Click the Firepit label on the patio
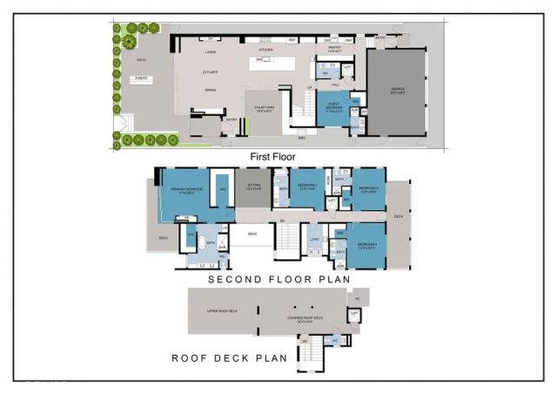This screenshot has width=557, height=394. click(141, 78)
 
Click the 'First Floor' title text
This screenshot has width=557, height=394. click(273, 157)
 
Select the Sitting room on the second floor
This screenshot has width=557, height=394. click(253, 187)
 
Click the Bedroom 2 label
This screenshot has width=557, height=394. click(306, 187)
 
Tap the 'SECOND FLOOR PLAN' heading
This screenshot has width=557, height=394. click(278, 280)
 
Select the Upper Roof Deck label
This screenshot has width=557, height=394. click(223, 310)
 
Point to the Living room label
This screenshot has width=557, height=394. click(209, 51)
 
